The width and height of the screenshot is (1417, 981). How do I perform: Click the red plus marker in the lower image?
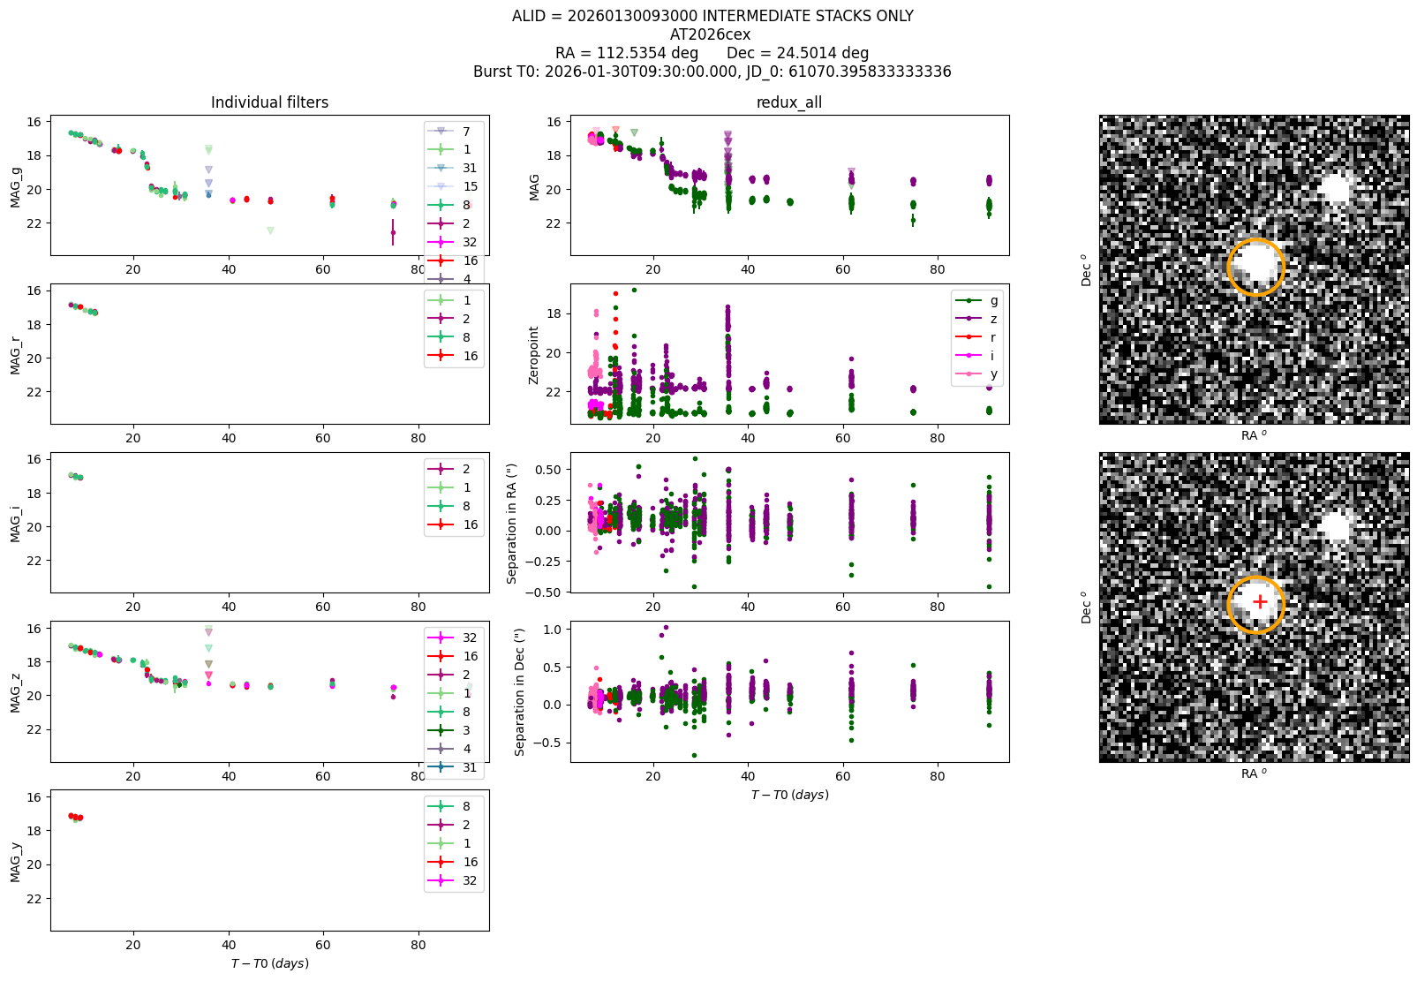click(1260, 601)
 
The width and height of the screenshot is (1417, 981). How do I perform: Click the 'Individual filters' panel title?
click(269, 102)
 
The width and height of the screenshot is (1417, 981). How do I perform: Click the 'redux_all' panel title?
click(788, 102)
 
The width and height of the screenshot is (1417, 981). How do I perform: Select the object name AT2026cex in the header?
click(710, 34)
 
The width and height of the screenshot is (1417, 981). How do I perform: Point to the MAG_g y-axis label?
click(15, 187)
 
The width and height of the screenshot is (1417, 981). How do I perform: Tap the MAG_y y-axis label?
click(15, 862)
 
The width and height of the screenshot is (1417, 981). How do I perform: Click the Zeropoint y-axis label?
click(533, 356)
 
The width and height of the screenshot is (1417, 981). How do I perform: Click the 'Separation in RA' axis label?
click(512, 524)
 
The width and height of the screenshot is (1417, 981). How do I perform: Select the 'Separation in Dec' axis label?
click(519, 692)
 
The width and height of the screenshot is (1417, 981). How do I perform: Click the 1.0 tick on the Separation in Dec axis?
click(553, 630)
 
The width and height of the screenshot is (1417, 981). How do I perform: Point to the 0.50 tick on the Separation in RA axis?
click(548, 470)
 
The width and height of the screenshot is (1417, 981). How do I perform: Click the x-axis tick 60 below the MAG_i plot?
click(323, 607)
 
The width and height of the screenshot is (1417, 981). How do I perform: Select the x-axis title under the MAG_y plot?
click(269, 963)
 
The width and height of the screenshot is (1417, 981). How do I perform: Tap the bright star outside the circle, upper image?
click(1336, 188)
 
